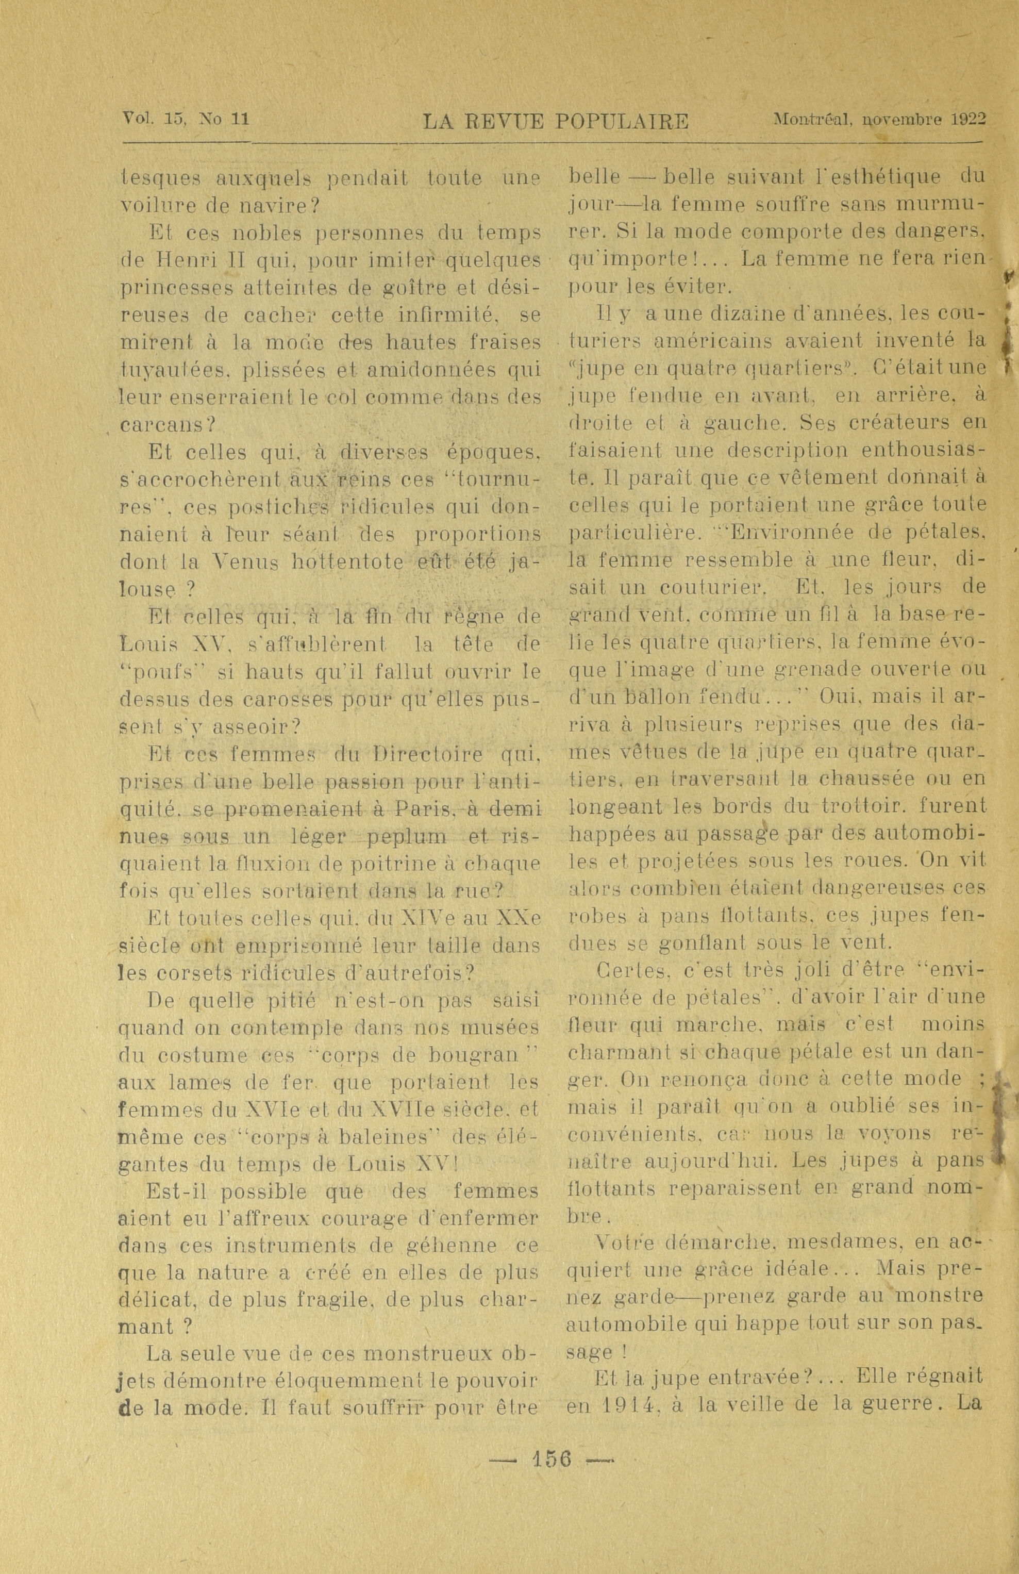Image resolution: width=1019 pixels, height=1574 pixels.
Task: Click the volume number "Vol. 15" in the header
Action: pos(155,120)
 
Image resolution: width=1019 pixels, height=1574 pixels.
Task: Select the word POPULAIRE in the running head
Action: pos(622,122)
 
